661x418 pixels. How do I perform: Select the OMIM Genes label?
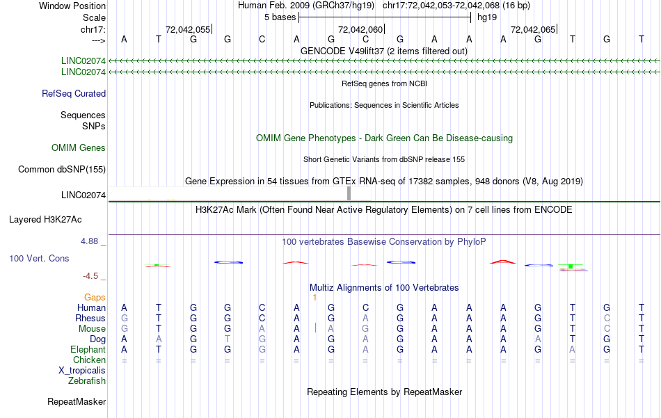coord(79,148)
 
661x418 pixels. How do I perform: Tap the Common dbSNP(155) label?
coord(62,170)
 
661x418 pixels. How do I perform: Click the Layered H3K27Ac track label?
coord(45,220)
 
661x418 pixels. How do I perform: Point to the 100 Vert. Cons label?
coord(39,258)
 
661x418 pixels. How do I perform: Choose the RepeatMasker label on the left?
coord(77,402)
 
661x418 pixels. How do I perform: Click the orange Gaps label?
coord(95,298)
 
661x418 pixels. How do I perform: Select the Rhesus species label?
coord(90,319)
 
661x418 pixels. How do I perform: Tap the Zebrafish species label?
coord(87,381)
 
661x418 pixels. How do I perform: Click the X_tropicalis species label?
coord(82,371)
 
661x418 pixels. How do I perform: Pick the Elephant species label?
coord(88,350)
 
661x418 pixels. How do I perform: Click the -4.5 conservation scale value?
coord(93,276)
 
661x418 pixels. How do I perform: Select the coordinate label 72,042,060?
coord(360,30)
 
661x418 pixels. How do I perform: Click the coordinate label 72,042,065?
coord(533,30)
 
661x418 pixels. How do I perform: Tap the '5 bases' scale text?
coord(280,17)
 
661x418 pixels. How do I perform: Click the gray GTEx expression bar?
coord(349,193)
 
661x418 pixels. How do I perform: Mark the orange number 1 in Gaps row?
coord(315,298)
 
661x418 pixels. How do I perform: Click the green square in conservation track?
coord(571,266)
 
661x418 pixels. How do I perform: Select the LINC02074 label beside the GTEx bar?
coord(83,195)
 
